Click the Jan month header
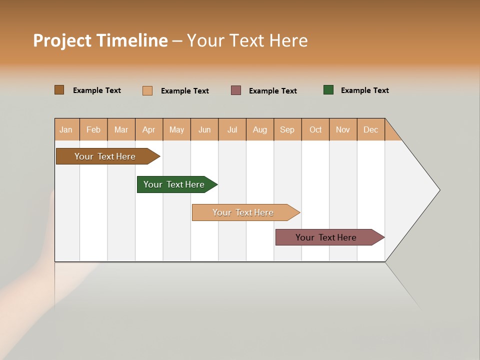click(x=66, y=129)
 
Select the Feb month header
click(x=93, y=129)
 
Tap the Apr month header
click(x=149, y=129)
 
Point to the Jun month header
click(x=204, y=129)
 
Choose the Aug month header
click(x=260, y=129)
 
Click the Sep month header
click(x=287, y=129)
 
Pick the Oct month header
click(x=315, y=129)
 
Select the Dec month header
click(x=371, y=129)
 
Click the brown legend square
click(x=59, y=90)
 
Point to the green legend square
click(x=328, y=90)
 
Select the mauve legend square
click(x=236, y=90)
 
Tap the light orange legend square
click(x=147, y=90)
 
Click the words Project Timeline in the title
click(x=100, y=40)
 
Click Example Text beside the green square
click(x=364, y=90)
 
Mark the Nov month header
click(x=343, y=129)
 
